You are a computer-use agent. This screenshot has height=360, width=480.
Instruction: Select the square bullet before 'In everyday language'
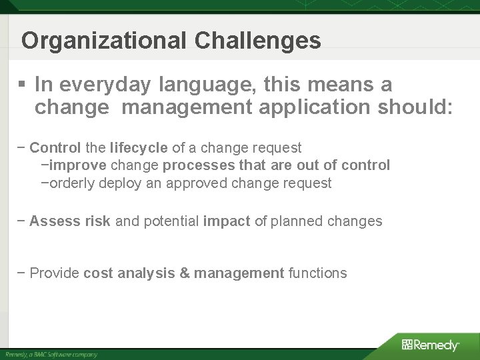pyautogui.click(x=23, y=85)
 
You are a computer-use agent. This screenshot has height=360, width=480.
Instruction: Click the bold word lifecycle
pyautogui.click(x=139, y=147)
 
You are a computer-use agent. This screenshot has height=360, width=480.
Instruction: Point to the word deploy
pyautogui.click(x=121, y=183)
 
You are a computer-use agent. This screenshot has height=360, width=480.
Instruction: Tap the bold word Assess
pyautogui.click(x=55, y=221)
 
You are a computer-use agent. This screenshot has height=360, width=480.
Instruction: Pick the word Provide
pyautogui.click(x=55, y=273)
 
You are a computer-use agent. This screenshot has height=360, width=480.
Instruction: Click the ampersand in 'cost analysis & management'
pyautogui.click(x=185, y=273)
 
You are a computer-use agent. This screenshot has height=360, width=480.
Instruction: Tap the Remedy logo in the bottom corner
pyautogui.click(x=430, y=345)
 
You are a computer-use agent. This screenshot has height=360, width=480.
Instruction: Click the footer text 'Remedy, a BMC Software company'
pyautogui.click(x=51, y=355)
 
